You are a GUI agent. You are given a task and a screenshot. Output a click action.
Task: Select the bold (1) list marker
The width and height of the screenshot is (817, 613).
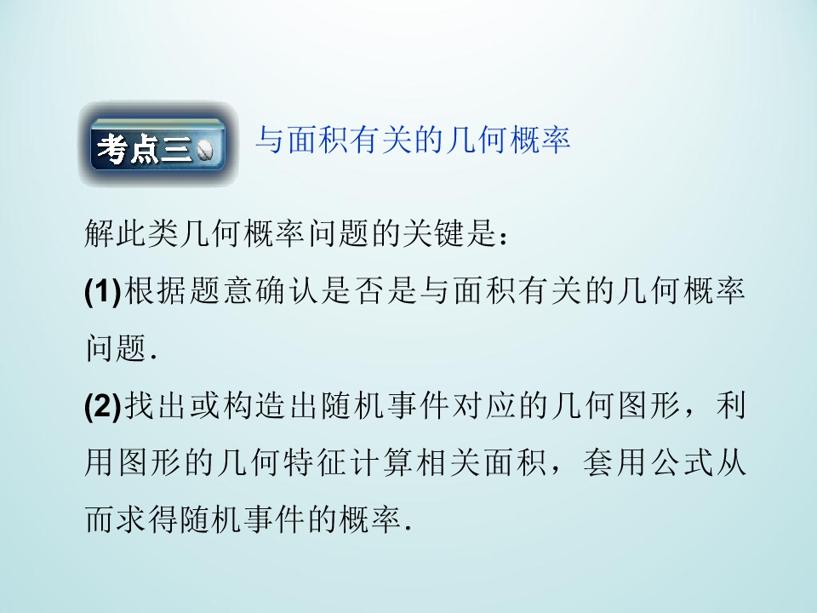pos(104,292)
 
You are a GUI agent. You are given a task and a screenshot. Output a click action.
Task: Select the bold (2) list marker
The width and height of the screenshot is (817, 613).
pos(104,406)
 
